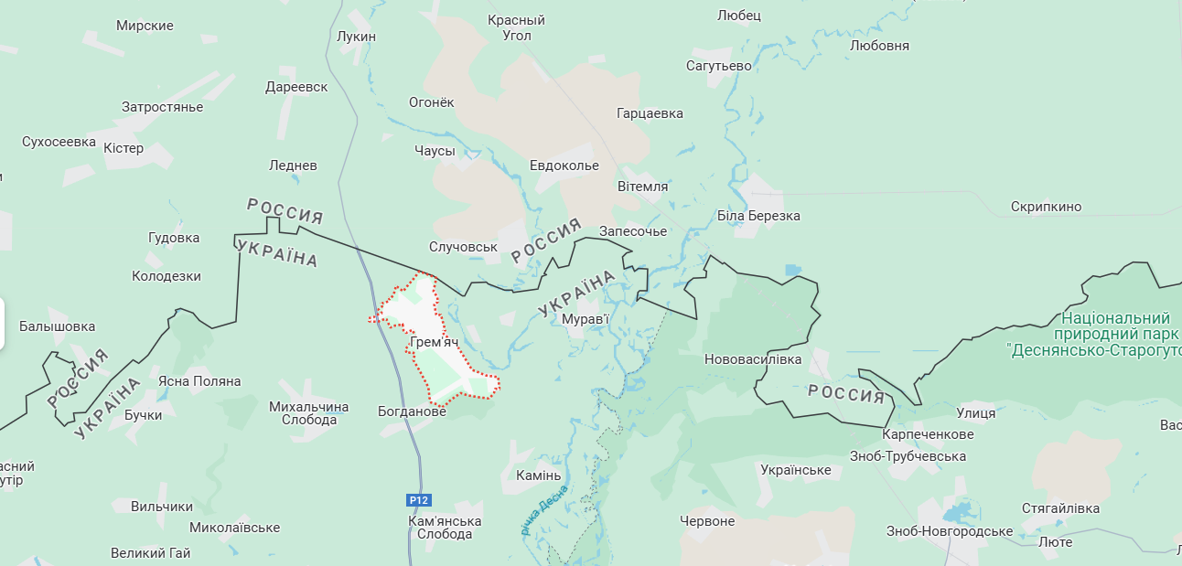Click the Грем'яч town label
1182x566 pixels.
[435, 343]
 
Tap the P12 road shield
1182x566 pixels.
[418, 500]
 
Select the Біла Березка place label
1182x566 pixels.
[758, 216]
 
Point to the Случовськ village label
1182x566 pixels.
[463, 247]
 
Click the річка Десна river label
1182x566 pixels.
[544, 510]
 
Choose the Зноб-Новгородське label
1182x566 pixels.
[949, 531]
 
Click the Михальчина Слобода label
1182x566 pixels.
[309, 413]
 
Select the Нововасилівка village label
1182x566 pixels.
[752, 359]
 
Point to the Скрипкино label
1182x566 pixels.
[1046, 207]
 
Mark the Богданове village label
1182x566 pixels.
[412, 411]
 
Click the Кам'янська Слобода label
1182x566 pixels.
[445, 528]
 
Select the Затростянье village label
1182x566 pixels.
[162, 107]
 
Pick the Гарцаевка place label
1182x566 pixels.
[650, 114]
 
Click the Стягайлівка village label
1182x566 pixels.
[1060, 508]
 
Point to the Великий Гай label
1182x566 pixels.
[150, 553]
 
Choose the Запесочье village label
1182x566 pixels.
[633, 231]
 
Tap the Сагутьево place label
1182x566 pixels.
[718, 66]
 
